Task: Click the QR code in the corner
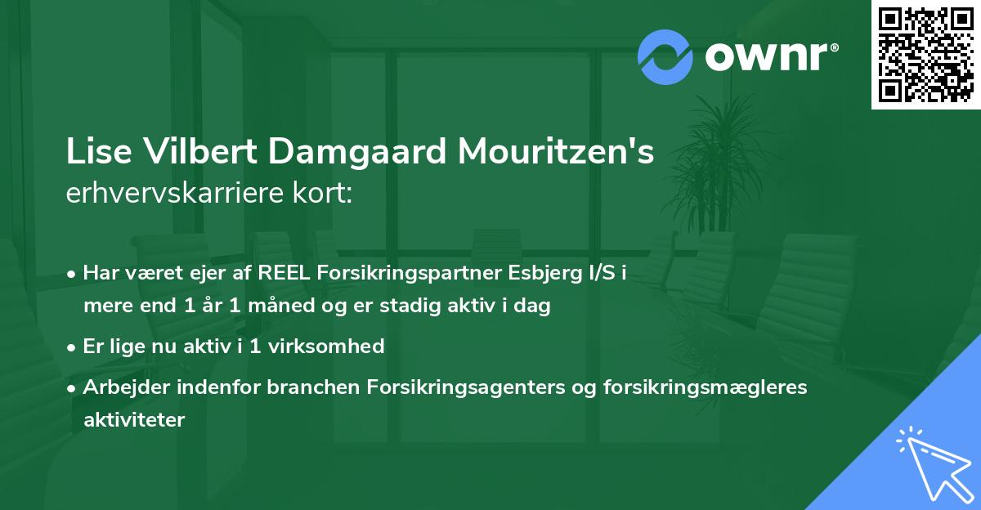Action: [926, 54]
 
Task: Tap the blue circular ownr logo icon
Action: [665, 57]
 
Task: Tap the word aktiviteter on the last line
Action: [134, 419]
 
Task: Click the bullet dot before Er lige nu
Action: [73, 347]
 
